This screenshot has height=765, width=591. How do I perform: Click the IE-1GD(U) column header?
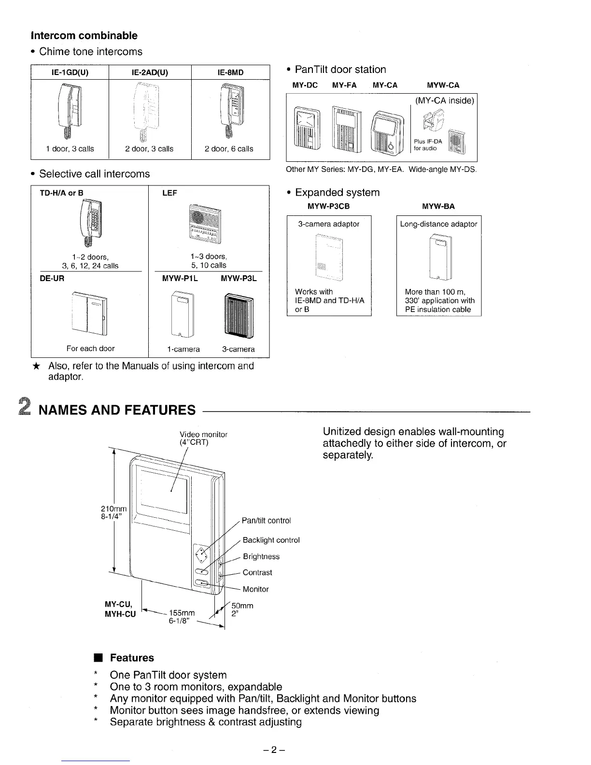coord(70,72)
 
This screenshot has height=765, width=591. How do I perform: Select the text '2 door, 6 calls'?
coord(229,149)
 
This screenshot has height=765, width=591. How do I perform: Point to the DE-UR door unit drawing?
coord(89,313)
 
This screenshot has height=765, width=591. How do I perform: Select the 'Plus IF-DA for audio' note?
coord(428,145)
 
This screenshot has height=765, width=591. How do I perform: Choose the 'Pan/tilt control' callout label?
coord(266,521)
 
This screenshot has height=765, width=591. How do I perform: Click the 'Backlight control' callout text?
coord(271,540)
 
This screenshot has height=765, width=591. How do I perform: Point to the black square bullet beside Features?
coord(97,658)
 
